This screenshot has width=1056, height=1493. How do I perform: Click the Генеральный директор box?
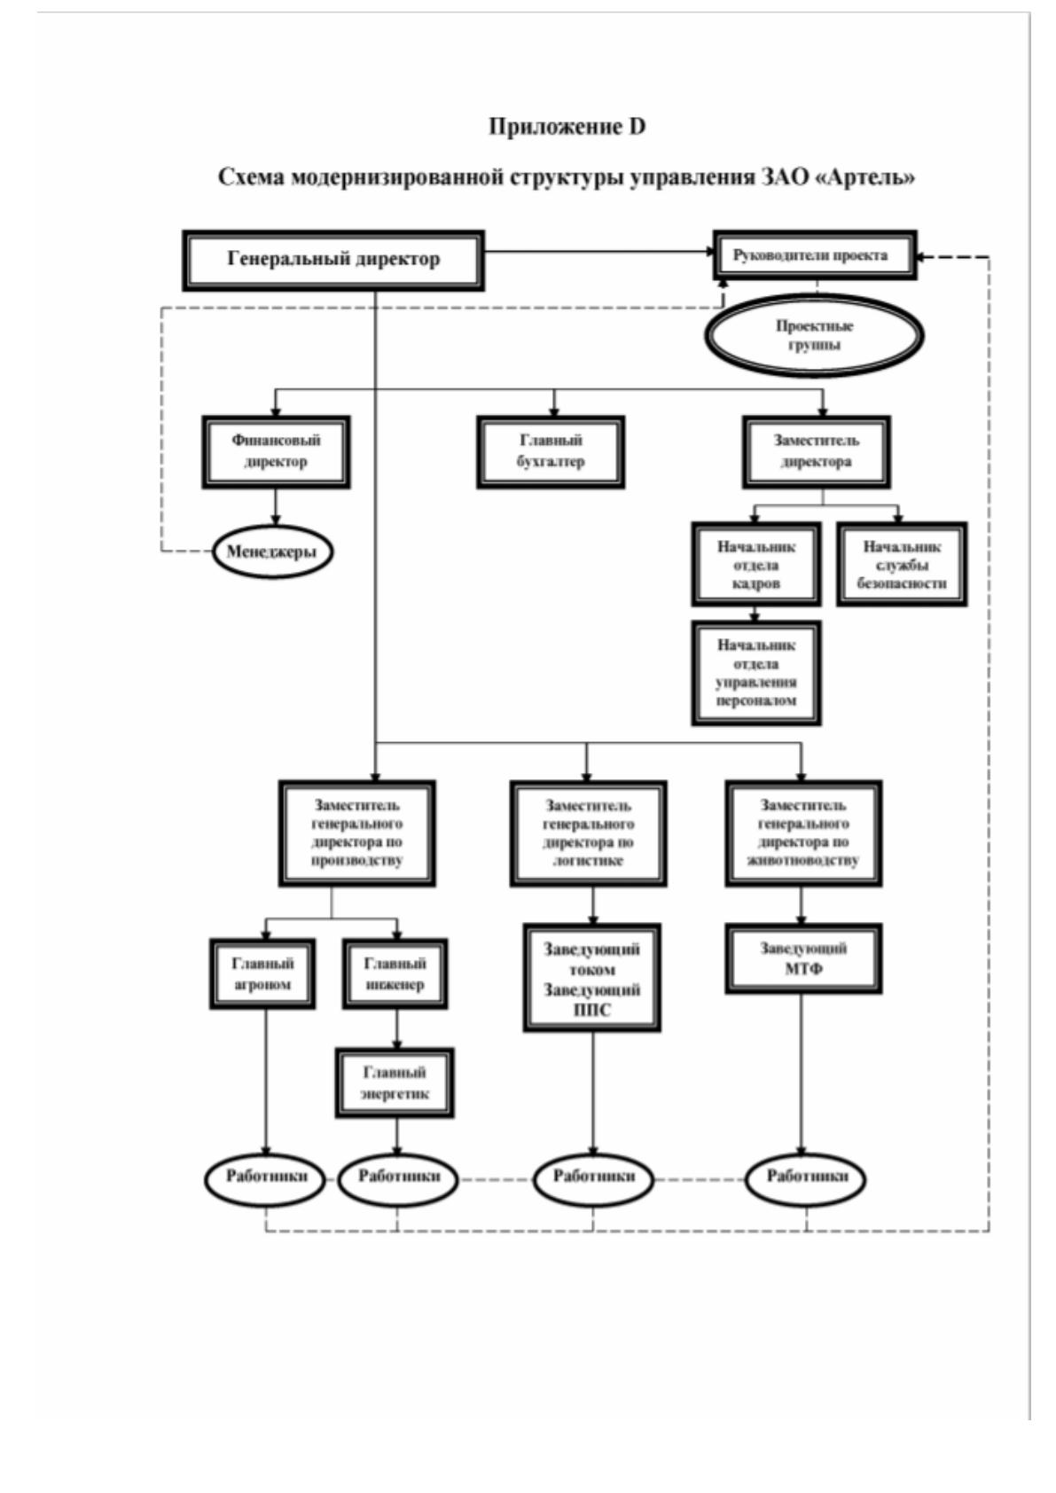pos(333,261)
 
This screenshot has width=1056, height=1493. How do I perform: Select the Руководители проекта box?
pos(815,255)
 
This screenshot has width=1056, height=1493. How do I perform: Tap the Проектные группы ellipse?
pos(814,335)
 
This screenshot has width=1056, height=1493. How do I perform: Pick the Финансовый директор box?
pos(276,452)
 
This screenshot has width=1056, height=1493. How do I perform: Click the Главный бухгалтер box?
pos(551,452)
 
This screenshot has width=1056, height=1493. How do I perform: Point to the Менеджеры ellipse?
pos(272,551)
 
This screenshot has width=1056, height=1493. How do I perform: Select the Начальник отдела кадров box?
pos(756,565)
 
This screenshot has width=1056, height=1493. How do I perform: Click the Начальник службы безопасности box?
pos(902,565)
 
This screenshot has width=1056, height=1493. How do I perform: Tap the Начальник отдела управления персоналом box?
pos(756,673)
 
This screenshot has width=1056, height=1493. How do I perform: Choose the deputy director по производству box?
pos(357,833)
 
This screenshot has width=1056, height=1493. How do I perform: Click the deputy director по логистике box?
pos(589,833)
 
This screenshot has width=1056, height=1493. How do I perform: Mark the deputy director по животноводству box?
pos(803,833)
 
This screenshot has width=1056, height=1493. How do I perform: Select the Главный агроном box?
pos(262,973)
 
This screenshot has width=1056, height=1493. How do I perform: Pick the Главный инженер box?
pos(395,973)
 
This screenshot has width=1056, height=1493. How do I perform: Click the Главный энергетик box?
pos(395,1083)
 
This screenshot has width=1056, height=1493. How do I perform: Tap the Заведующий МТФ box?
pos(803,959)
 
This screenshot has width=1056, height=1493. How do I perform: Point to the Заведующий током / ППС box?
pos(592,978)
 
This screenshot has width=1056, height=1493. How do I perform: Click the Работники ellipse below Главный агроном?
pos(267,1178)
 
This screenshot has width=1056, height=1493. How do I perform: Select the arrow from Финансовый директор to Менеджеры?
pos(276,508)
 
